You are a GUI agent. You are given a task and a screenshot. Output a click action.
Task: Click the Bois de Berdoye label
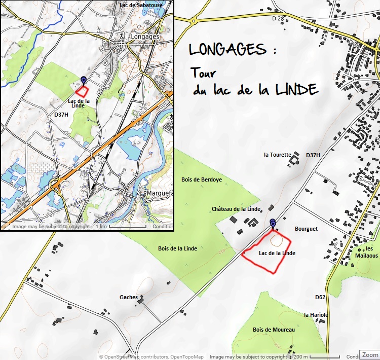click(202, 179)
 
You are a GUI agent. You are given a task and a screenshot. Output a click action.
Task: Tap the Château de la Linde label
click(236, 209)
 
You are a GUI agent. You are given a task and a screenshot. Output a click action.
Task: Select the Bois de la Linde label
click(177, 248)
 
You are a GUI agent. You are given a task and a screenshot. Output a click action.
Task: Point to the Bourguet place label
click(306, 229)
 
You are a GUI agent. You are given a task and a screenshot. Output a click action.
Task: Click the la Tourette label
click(278, 155)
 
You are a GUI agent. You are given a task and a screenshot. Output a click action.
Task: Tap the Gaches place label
click(129, 297)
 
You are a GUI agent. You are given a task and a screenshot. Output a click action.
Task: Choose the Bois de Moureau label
click(274, 330)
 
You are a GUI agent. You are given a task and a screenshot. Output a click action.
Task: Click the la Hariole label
click(316, 315)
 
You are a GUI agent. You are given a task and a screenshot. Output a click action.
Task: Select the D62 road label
click(320, 297)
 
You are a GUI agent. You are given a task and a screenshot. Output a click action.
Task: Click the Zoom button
click(369, 354)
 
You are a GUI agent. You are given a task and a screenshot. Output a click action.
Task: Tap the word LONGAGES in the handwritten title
click(227, 50)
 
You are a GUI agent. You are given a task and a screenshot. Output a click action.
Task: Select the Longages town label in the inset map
click(144, 37)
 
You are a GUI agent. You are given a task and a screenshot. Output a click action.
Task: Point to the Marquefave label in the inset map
click(159, 194)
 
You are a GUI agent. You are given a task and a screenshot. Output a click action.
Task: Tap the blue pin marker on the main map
click(273, 223)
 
